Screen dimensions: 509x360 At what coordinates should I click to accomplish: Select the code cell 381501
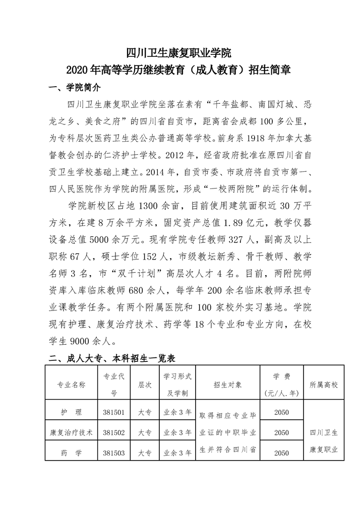[113, 412]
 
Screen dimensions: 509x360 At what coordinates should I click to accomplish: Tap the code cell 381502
[113, 432]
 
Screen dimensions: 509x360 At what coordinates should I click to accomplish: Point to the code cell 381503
[113, 453]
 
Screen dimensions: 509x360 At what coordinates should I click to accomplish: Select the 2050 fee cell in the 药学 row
[281, 453]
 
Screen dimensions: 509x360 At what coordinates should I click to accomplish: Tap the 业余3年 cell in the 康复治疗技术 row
[177, 432]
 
